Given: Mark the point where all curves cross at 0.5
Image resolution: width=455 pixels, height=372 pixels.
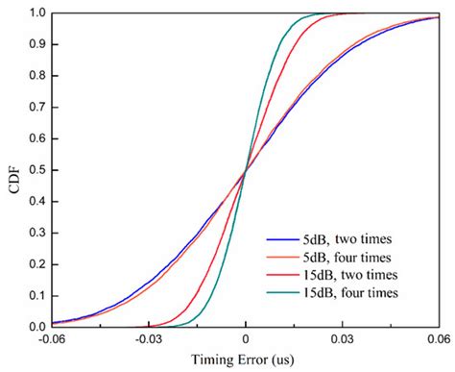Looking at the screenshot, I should [247, 170].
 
